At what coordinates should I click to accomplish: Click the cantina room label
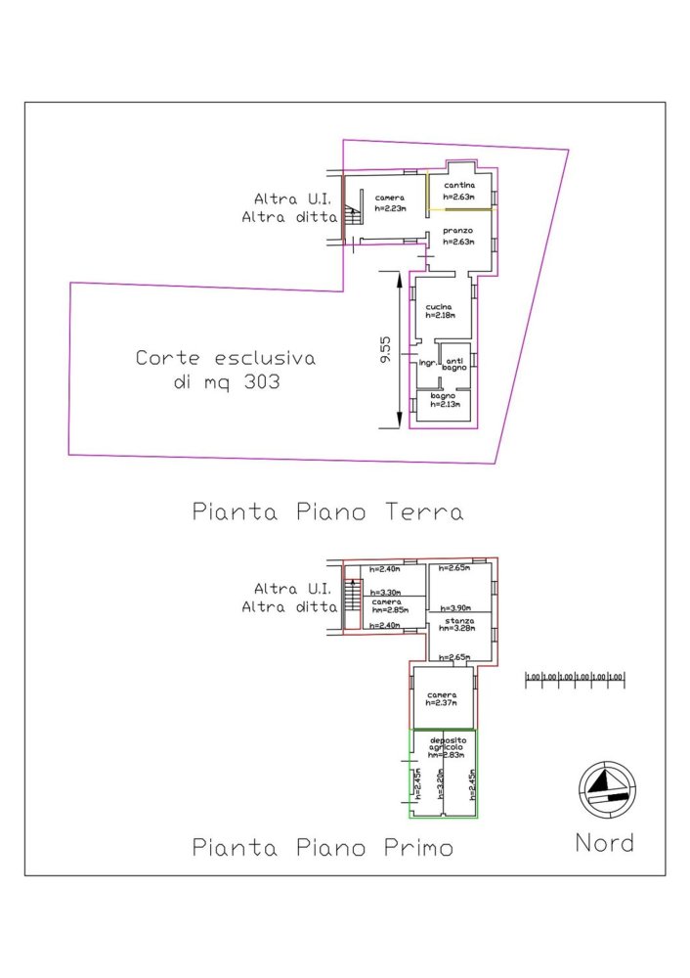point(458,186)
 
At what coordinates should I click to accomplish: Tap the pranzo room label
point(457,231)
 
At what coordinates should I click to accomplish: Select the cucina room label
point(439,307)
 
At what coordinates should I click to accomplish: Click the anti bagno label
point(455,365)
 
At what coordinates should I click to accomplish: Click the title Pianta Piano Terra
point(326,511)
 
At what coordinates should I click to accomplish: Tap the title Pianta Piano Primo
point(323,847)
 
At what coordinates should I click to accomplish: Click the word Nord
point(603,843)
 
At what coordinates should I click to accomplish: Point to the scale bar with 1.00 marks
point(575,677)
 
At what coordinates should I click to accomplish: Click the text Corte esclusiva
point(225,358)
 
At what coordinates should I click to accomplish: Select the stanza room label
point(456,621)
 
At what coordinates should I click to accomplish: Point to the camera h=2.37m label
point(443,698)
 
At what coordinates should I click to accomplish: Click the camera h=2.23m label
point(389,202)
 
